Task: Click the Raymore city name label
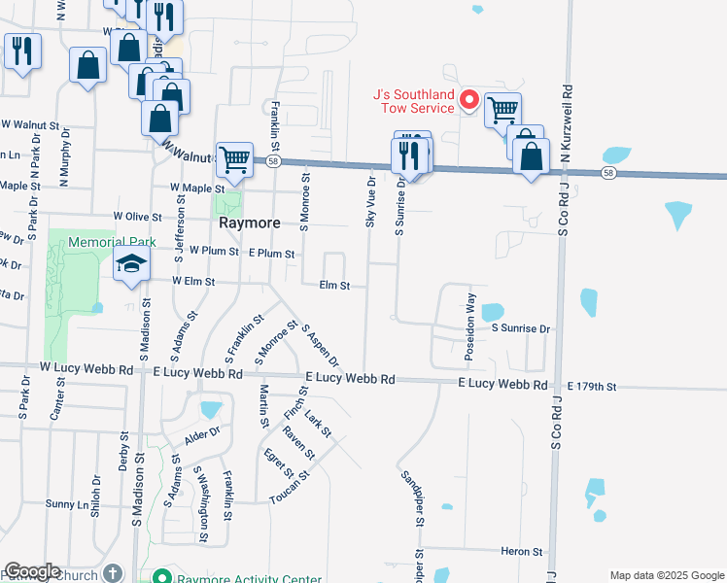click(x=248, y=223)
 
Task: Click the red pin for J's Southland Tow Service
click(x=467, y=99)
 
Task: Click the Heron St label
click(x=522, y=552)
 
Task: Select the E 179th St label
click(x=592, y=387)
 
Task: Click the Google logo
click(x=32, y=571)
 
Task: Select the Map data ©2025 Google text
click(x=666, y=576)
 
